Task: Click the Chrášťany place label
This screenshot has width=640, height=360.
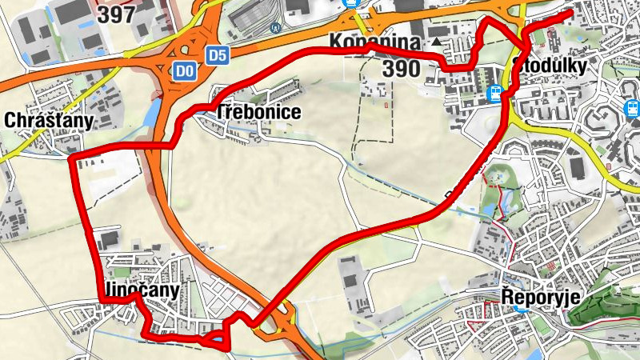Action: pos(49,120)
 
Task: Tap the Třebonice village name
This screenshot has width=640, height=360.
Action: pos(258,112)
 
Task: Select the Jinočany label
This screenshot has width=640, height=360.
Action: pos(142,290)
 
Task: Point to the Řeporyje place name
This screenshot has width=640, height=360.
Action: pos(540,298)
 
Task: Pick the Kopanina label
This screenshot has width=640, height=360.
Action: pos(372,42)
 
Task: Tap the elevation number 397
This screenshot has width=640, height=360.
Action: pos(117,13)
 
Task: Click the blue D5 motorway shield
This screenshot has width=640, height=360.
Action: pos(216,55)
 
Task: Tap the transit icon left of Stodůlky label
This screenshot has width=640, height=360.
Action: pos(496,94)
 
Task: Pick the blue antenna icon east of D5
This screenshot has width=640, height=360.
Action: pos(277,26)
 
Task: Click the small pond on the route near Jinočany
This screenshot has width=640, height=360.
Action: pos(214,340)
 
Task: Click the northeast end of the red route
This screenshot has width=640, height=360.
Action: pos(570,14)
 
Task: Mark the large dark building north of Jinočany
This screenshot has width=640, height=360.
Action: pos(110,239)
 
